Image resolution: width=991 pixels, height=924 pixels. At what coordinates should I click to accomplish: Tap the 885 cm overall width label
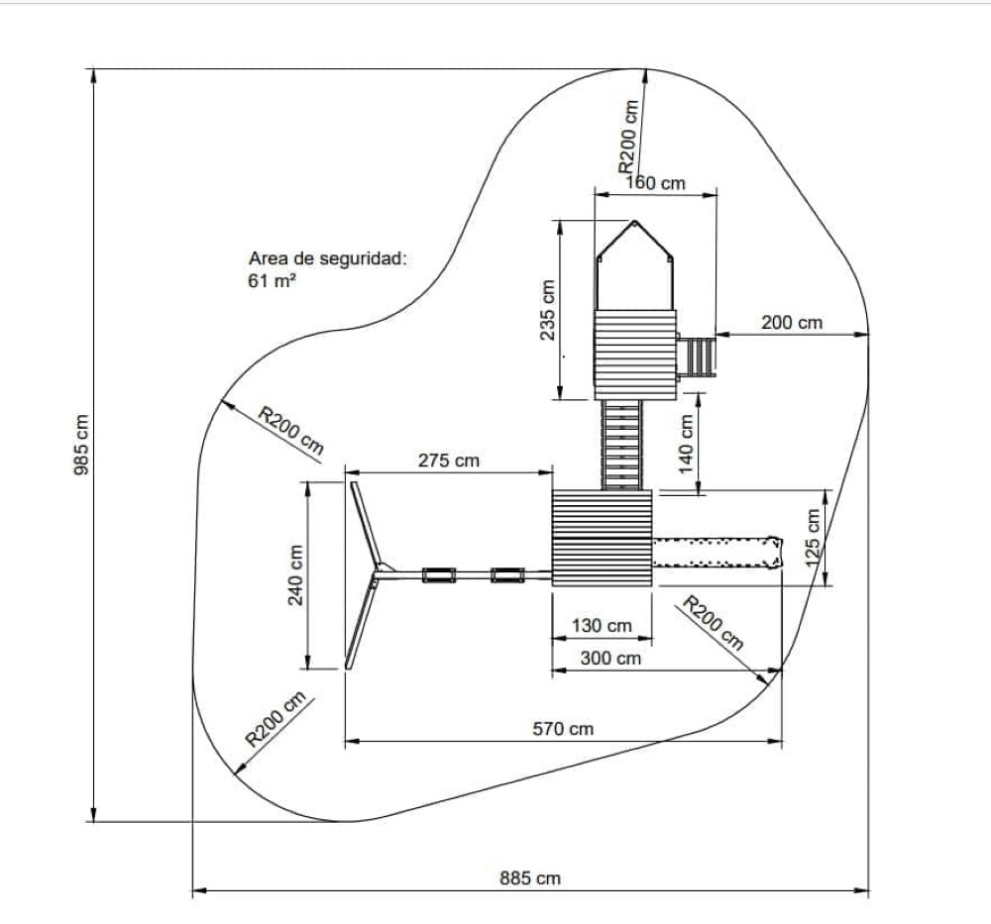(x=530, y=878)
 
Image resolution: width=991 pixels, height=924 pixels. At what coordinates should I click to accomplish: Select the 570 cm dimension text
(x=563, y=729)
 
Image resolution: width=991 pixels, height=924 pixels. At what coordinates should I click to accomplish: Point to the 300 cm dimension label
(x=610, y=658)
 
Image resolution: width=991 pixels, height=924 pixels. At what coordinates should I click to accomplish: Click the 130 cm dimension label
(x=602, y=626)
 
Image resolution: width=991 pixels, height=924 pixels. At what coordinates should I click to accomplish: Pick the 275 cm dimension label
(x=449, y=461)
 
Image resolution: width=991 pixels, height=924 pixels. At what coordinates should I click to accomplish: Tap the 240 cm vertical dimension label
(x=295, y=574)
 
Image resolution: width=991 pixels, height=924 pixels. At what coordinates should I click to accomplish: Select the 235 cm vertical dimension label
(x=546, y=310)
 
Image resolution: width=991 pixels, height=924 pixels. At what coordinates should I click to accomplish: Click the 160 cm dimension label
(x=655, y=183)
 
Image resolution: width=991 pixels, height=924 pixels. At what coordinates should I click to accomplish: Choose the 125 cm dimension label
(x=814, y=538)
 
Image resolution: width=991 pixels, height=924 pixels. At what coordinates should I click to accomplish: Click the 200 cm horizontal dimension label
(x=792, y=322)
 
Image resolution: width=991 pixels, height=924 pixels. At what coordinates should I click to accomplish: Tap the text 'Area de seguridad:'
(x=328, y=259)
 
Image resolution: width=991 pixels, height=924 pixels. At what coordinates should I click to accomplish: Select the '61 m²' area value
(x=273, y=280)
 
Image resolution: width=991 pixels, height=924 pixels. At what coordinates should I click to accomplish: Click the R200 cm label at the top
(x=629, y=137)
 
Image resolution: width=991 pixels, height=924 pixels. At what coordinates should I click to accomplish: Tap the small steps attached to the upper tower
(x=697, y=357)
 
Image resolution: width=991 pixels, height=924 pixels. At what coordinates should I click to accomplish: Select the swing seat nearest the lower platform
(x=507, y=574)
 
